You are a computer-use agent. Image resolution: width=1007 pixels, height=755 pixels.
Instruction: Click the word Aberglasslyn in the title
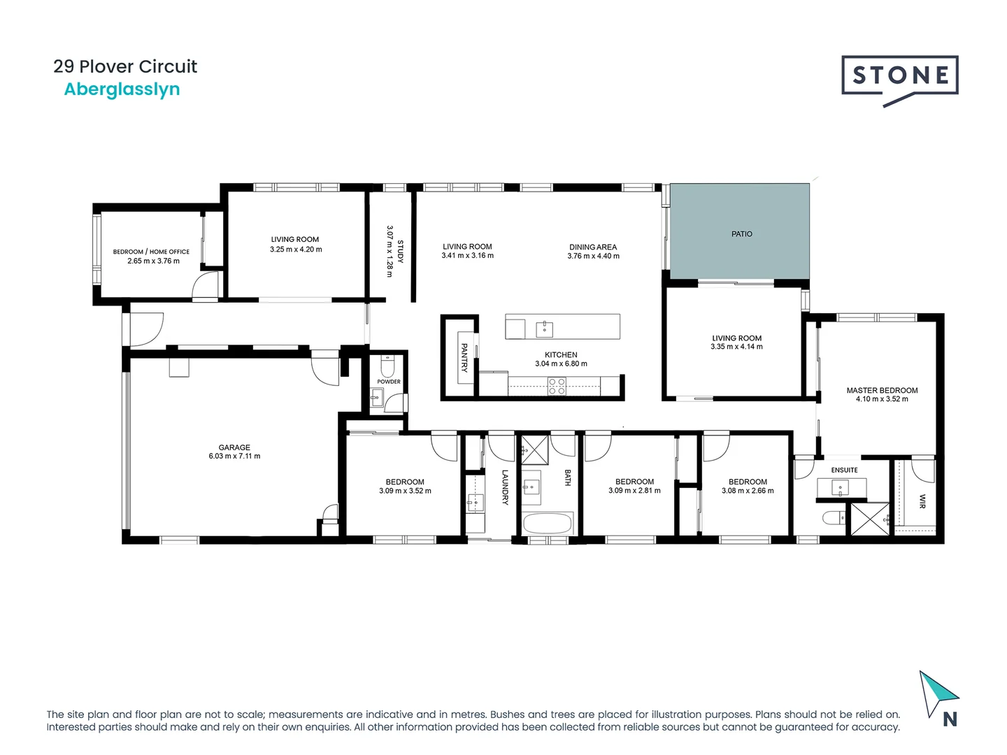tap(122, 89)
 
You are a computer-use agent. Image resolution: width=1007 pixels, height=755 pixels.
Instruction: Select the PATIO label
tap(741, 234)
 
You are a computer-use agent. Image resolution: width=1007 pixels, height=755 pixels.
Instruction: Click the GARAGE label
tap(234, 447)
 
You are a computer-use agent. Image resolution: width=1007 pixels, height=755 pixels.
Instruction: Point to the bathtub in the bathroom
tap(547, 523)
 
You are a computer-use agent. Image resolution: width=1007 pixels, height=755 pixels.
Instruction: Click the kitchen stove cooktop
tap(557, 386)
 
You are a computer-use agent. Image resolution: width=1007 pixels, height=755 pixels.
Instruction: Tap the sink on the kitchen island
tap(544, 329)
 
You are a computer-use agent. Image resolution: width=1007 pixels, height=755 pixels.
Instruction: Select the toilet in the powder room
tap(387, 366)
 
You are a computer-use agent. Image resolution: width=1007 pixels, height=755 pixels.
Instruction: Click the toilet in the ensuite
tap(833, 518)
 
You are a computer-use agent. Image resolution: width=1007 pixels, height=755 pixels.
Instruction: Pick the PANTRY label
tap(464, 357)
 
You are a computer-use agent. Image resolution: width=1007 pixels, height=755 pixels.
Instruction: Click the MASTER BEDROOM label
tap(882, 391)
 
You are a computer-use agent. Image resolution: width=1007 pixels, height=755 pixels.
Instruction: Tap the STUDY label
tap(400, 252)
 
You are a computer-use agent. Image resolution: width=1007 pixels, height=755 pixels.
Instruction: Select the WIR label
tap(922, 501)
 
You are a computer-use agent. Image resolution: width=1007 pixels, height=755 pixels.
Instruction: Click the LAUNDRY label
tap(504, 487)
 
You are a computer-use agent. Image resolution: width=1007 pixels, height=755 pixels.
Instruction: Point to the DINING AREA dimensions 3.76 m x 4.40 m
tap(593, 257)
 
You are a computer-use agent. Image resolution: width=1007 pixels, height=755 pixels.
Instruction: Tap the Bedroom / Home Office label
tap(151, 252)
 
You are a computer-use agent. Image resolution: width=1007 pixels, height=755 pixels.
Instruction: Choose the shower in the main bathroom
tap(535, 450)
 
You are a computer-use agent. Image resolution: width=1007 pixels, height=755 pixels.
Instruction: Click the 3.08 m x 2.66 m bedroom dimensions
tap(748, 491)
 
